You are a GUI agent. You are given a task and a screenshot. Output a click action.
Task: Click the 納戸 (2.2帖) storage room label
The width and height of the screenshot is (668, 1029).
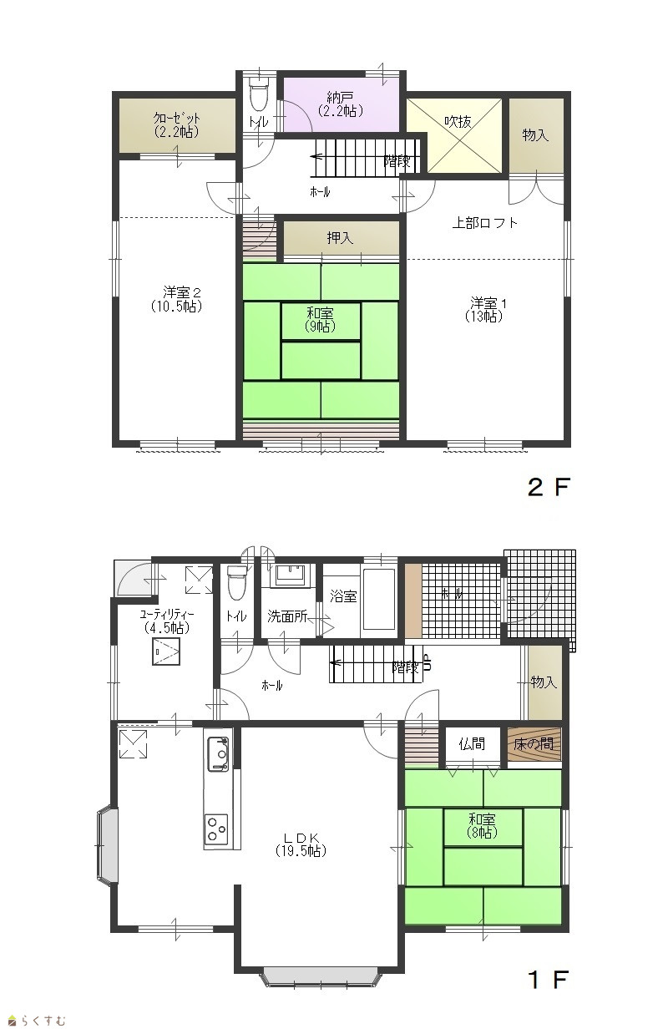(x=340, y=104)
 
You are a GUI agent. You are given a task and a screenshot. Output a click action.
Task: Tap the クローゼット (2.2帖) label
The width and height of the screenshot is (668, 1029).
(x=176, y=125)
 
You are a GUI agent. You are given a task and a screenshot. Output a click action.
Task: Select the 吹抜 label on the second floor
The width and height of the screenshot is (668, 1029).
(x=458, y=122)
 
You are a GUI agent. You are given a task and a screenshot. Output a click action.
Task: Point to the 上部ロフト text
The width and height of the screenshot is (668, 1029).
(x=485, y=223)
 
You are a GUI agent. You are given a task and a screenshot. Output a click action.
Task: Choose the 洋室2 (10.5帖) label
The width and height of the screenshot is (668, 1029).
(x=177, y=300)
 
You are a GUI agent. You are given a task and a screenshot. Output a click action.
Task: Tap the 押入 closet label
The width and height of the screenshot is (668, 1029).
(x=340, y=237)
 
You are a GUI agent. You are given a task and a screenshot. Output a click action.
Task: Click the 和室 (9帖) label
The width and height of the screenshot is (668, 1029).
(x=320, y=320)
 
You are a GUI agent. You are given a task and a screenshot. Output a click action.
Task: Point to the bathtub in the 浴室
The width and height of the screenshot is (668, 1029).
(x=379, y=600)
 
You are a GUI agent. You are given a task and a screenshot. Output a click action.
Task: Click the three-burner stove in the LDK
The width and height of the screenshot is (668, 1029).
(x=217, y=829)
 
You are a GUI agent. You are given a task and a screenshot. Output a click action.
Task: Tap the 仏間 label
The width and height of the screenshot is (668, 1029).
(x=472, y=743)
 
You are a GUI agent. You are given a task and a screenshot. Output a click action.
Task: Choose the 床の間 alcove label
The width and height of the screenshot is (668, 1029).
(x=534, y=743)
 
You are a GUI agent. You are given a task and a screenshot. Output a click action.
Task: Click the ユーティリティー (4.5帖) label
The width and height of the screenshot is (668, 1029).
(x=167, y=621)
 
